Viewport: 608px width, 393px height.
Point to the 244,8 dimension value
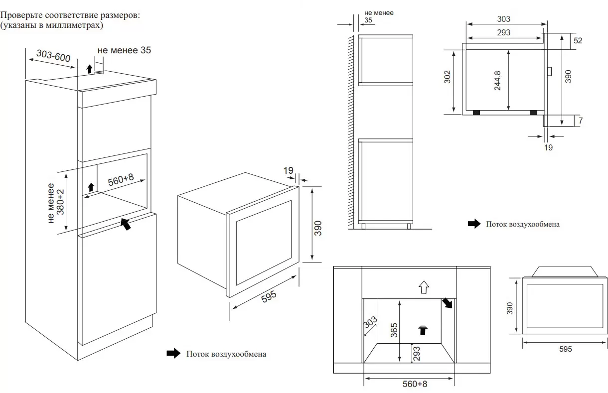498,79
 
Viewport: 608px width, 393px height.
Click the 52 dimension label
578,41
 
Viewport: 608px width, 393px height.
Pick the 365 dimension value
394,330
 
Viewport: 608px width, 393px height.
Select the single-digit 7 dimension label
581,120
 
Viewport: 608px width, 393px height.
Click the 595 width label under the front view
565,349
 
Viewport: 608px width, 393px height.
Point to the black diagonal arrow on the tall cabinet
127,223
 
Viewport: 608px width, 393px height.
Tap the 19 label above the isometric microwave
288,170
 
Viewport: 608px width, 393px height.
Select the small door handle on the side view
549,72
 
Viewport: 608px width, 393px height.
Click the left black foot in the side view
476,113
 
